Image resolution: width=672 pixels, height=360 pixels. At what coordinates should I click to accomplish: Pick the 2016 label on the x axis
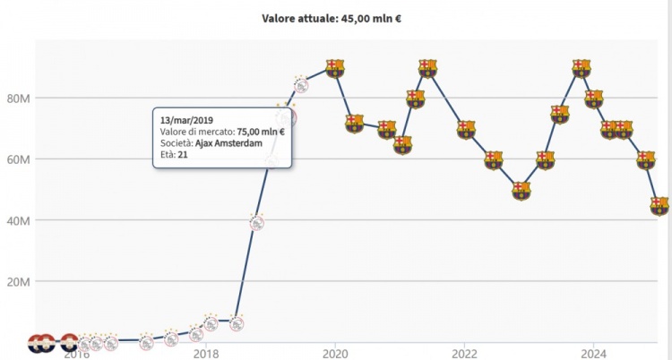pyautogui.click(x=76, y=352)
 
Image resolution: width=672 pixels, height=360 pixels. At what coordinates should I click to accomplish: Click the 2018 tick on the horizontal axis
pyautogui.click(x=206, y=352)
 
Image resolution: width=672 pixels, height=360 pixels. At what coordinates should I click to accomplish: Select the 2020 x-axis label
pyautogui.click(x=335, y=352)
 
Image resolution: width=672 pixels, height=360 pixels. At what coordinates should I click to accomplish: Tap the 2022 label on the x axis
pyautogui.click(x=464, y=352)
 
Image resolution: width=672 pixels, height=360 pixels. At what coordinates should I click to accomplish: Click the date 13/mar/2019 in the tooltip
pyautogui.click(x=186, y=119)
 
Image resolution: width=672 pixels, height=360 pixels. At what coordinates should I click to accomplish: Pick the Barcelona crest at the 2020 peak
pyautogui.click(x=334, y=68)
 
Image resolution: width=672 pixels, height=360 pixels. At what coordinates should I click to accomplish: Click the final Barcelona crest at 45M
pyautogui.click(x=659, y=205)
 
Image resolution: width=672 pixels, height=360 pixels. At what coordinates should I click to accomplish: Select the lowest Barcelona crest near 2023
pyautogui.click(x=521, y=190)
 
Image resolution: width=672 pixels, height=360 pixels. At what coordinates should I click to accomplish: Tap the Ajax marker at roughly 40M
pyautogui.click(x=257, y=222)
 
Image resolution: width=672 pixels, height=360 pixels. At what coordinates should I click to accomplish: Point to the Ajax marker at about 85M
pyautogui.click(x=301, y=86)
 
